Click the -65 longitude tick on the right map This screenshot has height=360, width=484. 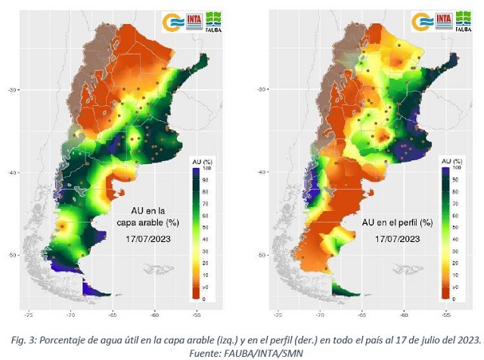361,312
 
